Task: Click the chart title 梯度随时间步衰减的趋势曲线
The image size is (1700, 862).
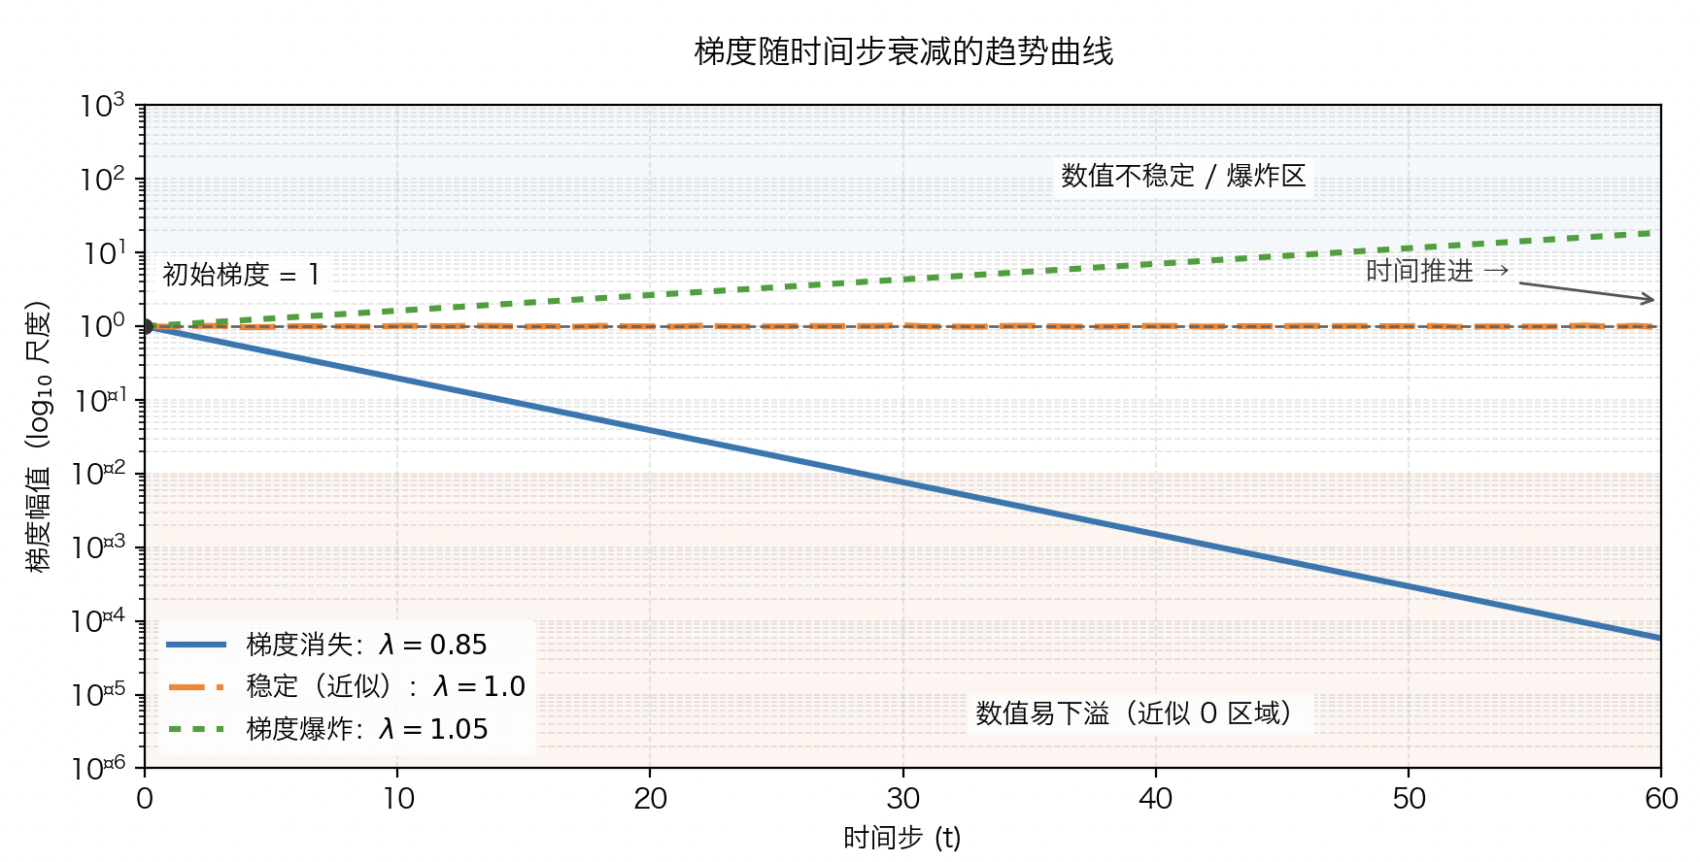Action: pos(902,51)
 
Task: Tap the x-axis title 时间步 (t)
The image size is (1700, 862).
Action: pos(901,837)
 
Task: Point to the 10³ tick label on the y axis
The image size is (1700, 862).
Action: pos(103,106)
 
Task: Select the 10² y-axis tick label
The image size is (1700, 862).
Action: pos(103,180)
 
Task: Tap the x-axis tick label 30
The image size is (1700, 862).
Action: pos(902,799)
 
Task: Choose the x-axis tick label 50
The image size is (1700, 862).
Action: pos(1409,799)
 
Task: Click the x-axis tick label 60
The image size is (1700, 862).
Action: pos(1661,799)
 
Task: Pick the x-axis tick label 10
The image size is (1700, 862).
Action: pos(397,799)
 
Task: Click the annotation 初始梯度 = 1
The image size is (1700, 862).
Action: pos(240,275)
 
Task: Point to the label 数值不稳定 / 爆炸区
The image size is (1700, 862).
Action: pos(1182,176)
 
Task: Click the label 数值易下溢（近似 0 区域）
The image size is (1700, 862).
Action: pos(1134,713)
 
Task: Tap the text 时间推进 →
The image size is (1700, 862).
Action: pos(1437,271)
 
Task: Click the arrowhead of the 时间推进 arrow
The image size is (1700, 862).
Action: pos(1650,300)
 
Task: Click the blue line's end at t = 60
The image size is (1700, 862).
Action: pos(1659,638)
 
